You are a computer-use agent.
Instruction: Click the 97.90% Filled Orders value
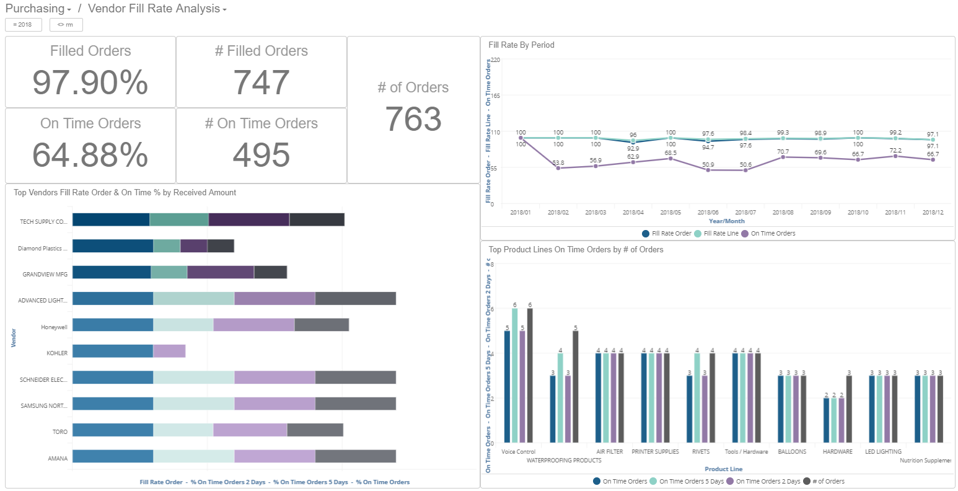pos(90,82)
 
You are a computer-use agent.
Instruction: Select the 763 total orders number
pos(413,119)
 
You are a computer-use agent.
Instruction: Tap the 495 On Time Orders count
pos(261,155)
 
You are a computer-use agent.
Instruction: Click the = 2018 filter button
pos(24,25)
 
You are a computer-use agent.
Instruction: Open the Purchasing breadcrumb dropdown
pos(38,9)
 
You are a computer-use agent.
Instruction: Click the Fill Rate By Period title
pos(521,45)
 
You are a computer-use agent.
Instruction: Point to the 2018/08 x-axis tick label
pos(783,213)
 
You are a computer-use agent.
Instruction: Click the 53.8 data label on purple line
pos(558,163)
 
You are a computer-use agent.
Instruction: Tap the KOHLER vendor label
pos(57,353)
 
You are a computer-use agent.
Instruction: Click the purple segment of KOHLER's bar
pos(169,352)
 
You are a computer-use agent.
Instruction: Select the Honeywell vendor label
pos(54,327)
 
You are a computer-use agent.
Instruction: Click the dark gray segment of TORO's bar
pos(315,430)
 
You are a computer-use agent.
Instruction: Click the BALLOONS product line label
pos(792,452)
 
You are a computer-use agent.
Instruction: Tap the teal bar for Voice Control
pos(514,376)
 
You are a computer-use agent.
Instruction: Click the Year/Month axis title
pos(726,221)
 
